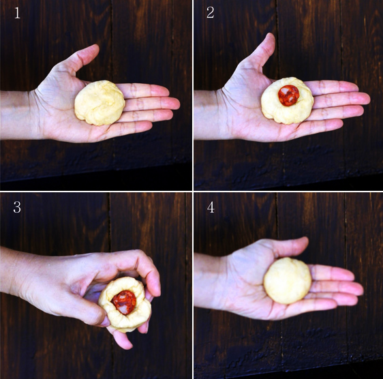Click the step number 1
point(17,13)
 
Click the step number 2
point(211,12)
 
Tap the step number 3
point(17,207)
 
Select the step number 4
point(211,207)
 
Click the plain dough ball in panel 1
point(99,103)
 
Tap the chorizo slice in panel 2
point(289,95)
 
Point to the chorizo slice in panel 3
point(124,302)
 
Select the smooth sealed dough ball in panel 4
point(288,281)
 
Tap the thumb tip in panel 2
point(271,38)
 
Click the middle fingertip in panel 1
point(174,104)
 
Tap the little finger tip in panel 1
point(146,126)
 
